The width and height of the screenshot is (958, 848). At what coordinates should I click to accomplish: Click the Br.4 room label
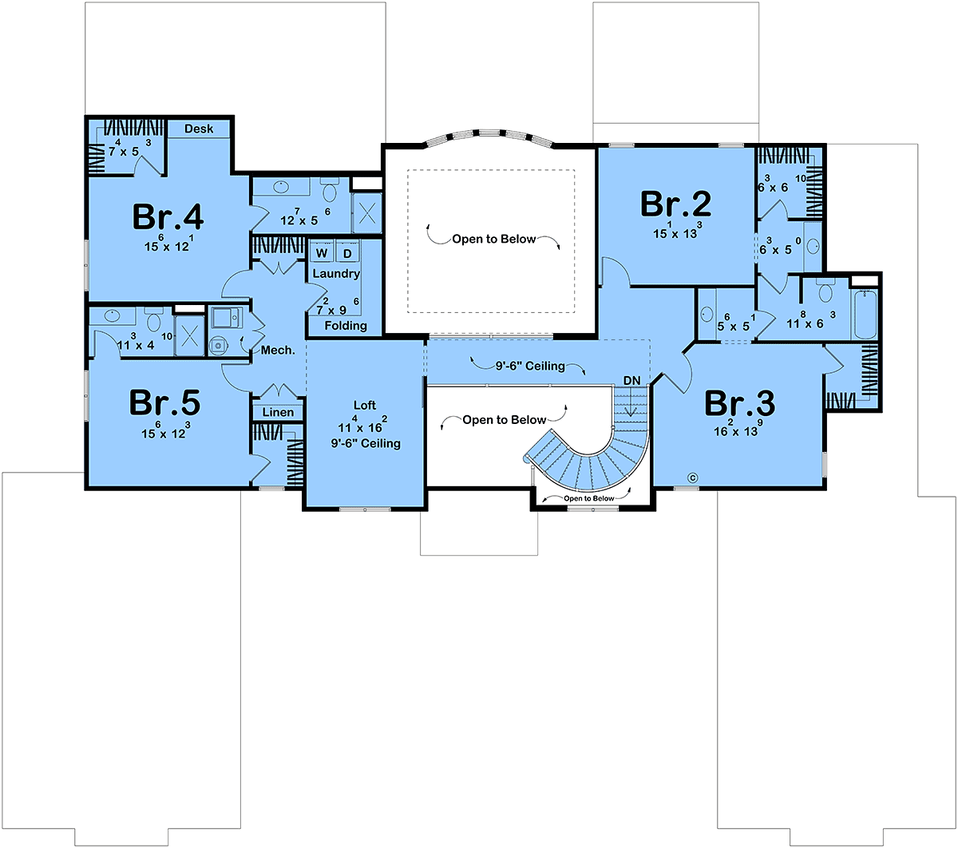168,217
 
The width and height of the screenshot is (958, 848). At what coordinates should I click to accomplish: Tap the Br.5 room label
164,403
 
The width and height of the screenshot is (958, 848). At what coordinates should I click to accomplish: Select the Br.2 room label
675,204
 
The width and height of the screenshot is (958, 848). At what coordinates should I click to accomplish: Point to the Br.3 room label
739,403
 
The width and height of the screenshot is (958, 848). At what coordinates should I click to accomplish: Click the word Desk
199,129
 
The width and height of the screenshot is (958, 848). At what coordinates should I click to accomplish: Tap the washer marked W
322,253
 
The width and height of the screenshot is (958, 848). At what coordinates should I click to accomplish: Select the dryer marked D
347,253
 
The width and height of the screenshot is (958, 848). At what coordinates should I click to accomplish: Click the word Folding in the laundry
346,326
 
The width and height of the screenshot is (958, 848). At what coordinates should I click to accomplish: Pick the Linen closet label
278,412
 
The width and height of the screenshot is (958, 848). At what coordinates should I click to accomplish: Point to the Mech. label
278,350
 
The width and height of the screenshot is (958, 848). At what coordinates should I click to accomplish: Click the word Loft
365,406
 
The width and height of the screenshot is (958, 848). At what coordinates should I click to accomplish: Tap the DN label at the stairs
631,380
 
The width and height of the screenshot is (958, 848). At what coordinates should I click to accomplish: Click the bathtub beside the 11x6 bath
865,315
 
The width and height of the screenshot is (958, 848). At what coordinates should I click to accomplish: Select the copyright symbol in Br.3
692,478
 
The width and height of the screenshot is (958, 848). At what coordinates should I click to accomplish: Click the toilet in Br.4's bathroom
329,192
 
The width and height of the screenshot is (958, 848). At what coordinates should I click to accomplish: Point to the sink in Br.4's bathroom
281,186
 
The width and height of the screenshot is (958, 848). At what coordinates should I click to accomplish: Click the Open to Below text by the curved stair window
588,498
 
